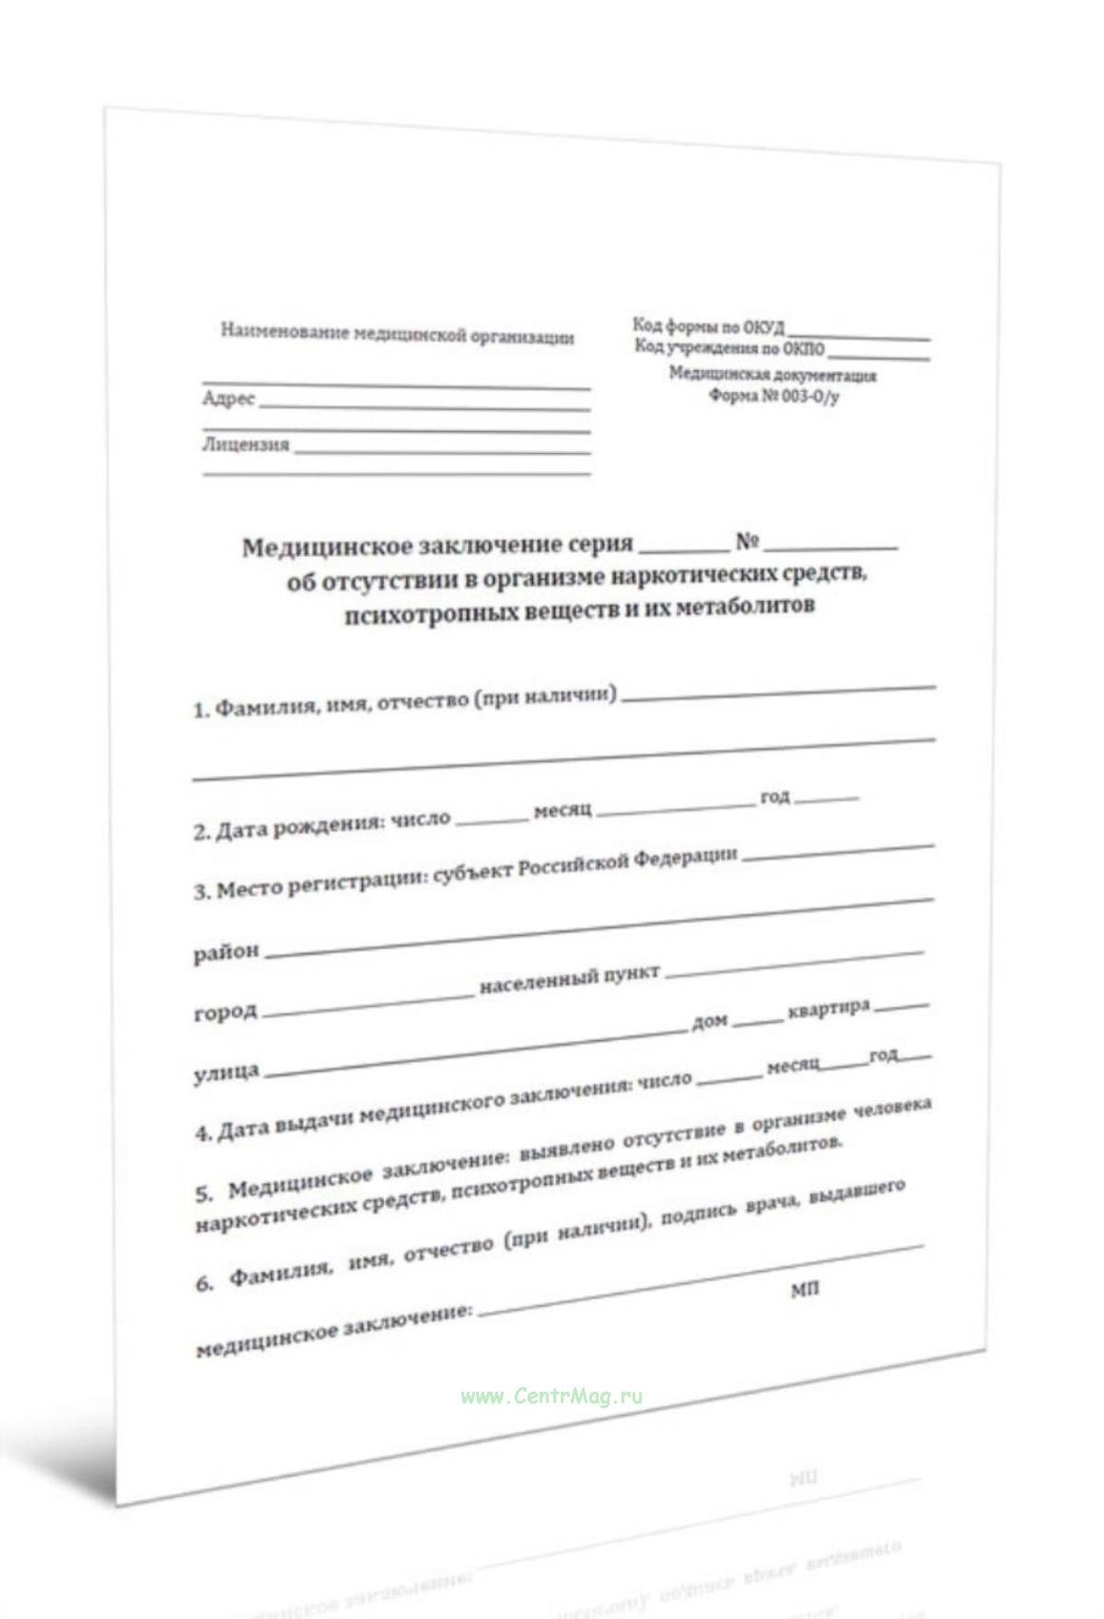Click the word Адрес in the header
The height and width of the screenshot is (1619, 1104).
coord(228,399)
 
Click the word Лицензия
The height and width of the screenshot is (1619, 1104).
coord(246,445)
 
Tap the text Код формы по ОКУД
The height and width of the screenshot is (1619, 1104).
coord(708,327)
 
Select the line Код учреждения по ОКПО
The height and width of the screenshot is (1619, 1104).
coord(729,348)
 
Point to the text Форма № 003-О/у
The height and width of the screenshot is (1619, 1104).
coord(773,396)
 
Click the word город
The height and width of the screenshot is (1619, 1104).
coord(225,1012)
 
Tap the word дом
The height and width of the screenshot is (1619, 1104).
coord(709,1021)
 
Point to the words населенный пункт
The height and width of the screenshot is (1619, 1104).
coord(569,981)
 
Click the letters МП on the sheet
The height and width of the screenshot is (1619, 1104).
coord(804,1289)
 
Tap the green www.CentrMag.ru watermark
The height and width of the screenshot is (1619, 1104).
coord(551,1396)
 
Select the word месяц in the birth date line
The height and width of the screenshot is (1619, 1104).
coord(562,811)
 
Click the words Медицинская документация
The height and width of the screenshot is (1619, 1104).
coord(772,375)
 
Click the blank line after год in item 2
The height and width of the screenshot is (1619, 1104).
coord(826,798)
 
